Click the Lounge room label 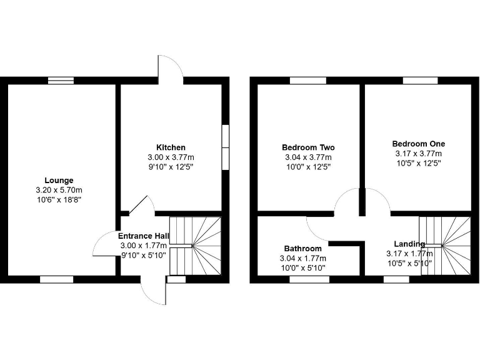pos(62,181)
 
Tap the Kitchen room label pos(171,147)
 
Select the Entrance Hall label pos(144,236)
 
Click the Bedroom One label pos(418,144)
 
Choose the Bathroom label pos(303,248)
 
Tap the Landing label pos(409,244)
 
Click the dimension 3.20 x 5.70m pos(62,189)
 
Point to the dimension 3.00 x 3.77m pos(171,157)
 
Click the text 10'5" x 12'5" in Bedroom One pos(418,163)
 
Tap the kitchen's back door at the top pos(170,67)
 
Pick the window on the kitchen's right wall pos(226,146)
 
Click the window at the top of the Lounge pos(61,80)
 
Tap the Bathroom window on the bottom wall pos(309,279)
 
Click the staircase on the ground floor pos(196,245)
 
